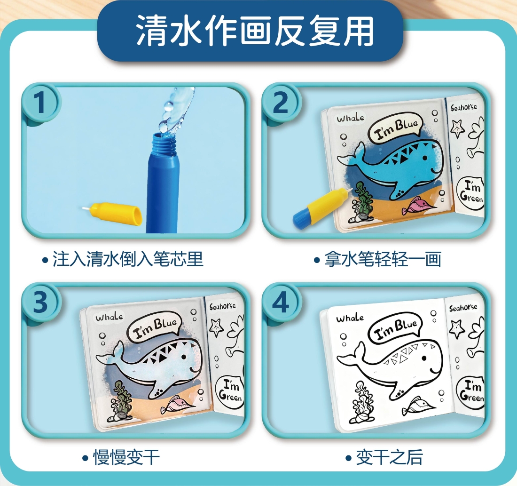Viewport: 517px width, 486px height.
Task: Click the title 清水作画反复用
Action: (x=255, y=31)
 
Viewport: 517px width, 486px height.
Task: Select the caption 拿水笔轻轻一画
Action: (x=377, y=258)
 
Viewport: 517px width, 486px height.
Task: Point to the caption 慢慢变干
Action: (x=121, y=458)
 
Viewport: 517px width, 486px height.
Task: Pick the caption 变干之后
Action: (x=384, y=458)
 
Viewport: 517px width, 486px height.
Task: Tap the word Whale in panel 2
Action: (x=351, y=118)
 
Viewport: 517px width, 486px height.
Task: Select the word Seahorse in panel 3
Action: (x=223, y=306)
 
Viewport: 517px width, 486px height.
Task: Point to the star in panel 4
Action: (x=457, y=329)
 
